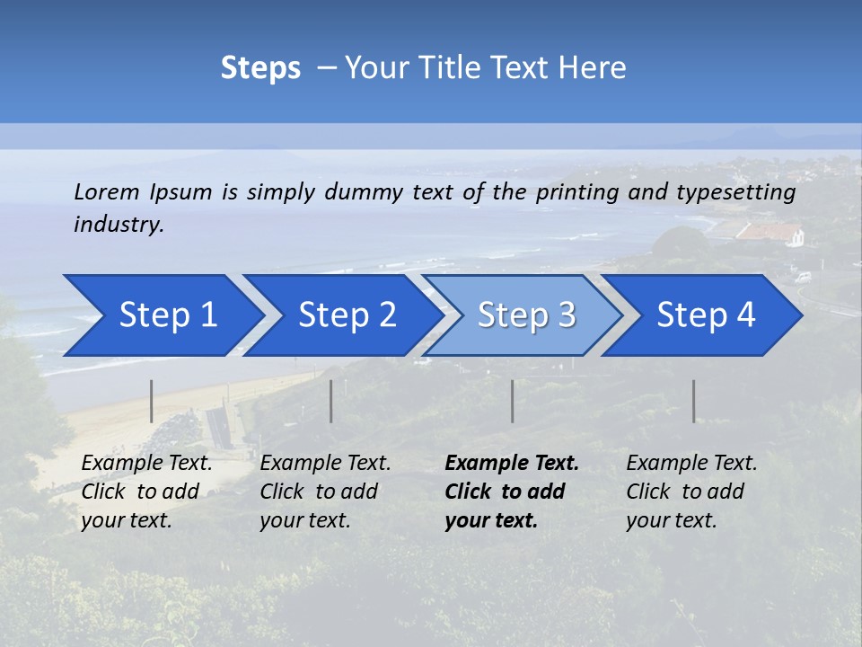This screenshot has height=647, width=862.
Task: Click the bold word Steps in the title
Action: pyautogui.click(x=260, y=67)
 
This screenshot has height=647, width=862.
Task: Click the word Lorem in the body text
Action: pyautogui.click(x=107, y=191)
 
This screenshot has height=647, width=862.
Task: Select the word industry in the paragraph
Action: pyautogui.click(x=119, y=225)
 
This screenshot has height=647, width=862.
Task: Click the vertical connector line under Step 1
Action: pyautogui.click(x=152, y=401)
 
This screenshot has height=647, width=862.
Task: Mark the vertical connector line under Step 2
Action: pyautogui.click(x=331, y=401)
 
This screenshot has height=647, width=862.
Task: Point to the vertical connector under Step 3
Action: pyautogui.click(x=513, y=401)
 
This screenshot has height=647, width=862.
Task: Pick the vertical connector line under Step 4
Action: pyautogui.click(x=694, y=401)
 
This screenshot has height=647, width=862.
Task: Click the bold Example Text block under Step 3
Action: pyautogui.click(x=511, y=492)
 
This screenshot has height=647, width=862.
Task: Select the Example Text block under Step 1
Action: pyautogui.click(x=146, y=492)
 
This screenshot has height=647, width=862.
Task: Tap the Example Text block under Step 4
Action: pyautogui.click(x=691, y=492)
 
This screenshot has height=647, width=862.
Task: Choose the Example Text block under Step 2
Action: pyautogui.click(x=325, y=492)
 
